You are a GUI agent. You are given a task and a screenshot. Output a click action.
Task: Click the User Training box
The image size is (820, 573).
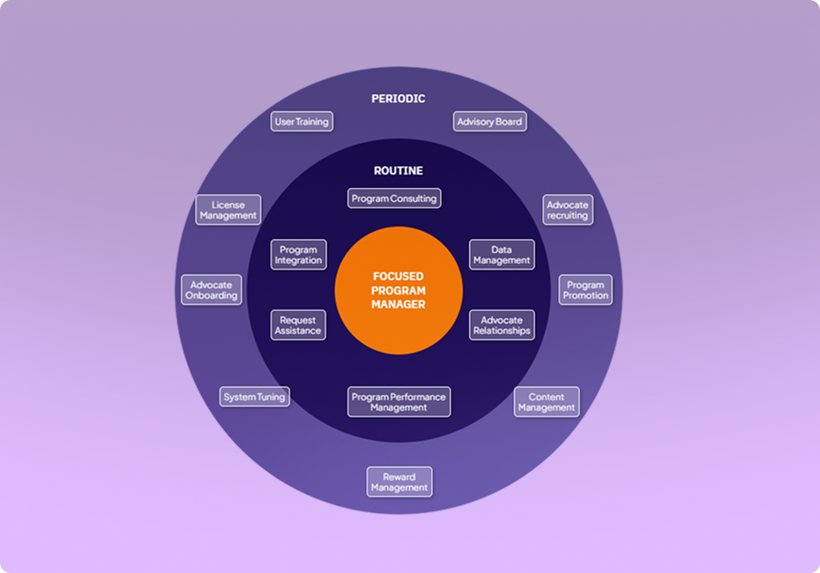tap(301, 122)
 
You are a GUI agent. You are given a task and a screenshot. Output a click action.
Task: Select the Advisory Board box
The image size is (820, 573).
tap(489, 122)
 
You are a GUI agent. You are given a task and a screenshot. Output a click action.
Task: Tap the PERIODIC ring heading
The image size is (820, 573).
tap(398, 99)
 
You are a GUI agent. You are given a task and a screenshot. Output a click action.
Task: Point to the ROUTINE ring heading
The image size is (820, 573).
tap(398, 170)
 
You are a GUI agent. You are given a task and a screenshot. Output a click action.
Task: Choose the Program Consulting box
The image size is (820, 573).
tap(393, 198)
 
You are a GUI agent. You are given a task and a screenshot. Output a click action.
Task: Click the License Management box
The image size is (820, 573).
tap(228, 210)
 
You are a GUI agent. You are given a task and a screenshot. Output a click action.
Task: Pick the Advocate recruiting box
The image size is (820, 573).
tap(567, 210)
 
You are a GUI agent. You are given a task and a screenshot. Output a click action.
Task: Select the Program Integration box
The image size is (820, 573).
tap(298, 255)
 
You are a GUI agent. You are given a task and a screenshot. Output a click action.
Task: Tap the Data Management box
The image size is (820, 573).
tap(502, 255)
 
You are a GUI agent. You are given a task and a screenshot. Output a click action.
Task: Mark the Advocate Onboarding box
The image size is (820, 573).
tap(212, 290)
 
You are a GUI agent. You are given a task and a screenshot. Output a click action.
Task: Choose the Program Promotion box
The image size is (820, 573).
tap(585, 290)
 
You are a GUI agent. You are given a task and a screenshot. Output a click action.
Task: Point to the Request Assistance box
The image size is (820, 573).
tap(298, 325)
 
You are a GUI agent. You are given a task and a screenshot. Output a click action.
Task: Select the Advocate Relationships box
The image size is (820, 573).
tap(502, 325)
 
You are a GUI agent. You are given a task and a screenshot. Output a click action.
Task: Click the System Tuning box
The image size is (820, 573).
tap(254, 397)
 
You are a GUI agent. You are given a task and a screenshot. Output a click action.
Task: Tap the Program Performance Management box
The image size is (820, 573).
tap(399, 402)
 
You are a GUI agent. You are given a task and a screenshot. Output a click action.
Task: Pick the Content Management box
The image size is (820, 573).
tap(547, 402)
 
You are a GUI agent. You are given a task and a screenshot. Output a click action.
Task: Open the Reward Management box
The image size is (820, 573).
tap(399, 482)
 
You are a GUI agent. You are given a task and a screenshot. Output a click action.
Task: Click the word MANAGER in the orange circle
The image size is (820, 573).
tap(399, 305)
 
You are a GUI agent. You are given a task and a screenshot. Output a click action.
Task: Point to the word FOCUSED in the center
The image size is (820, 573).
tap(399, 276)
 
